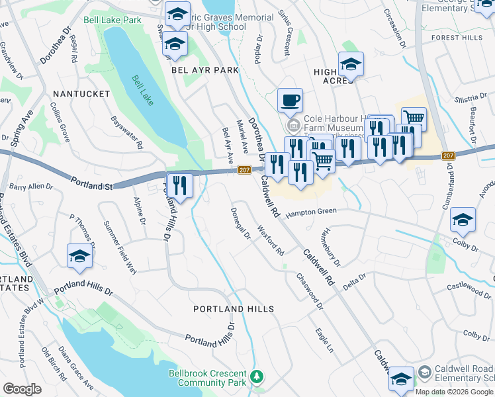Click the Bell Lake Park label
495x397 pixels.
[x=112, y=21]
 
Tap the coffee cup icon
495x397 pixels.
[x=290, y=101]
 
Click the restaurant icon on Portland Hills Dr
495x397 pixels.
[x=179, y=185]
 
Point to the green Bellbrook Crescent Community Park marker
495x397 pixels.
[x=256, y=378]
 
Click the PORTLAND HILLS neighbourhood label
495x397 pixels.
[x=233, y=309]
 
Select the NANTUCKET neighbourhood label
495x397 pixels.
[x=81, y=94]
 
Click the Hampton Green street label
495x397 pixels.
[x=311, y=212]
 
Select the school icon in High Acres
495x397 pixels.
[x=351, y=65]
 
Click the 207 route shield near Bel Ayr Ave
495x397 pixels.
[x=243, y=170]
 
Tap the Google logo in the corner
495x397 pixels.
[x=22, y=389]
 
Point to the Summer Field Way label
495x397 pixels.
[x=120, y=247]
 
